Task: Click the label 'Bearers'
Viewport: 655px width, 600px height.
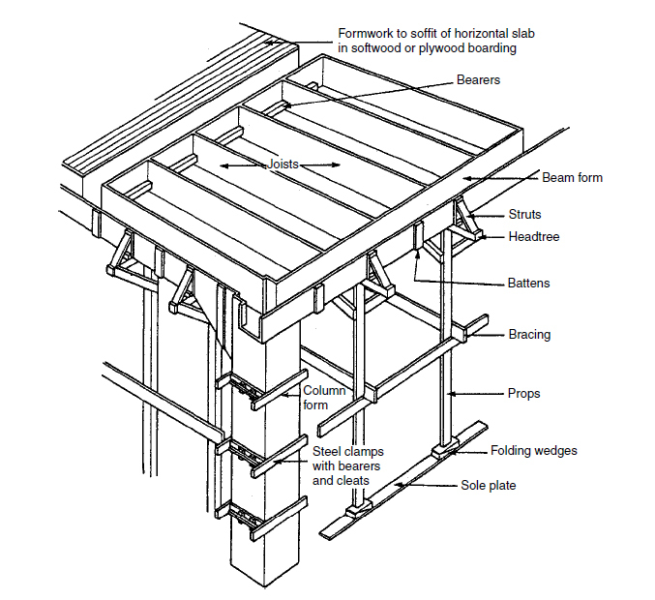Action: [478, 80]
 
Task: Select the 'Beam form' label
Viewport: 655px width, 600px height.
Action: [572, 178]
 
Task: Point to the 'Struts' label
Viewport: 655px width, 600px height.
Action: [525, 215]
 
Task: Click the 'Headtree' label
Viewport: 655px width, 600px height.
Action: [534, 236]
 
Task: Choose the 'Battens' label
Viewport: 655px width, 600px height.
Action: [528, 284]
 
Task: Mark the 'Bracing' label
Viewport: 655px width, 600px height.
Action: [529, 335]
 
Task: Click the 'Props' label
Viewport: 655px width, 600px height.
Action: [523, 395]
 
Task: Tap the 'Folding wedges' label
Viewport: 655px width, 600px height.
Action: [535, 451]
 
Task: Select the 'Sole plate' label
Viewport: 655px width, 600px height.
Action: [488, 486]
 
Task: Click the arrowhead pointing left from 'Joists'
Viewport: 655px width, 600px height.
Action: [222, 166]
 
